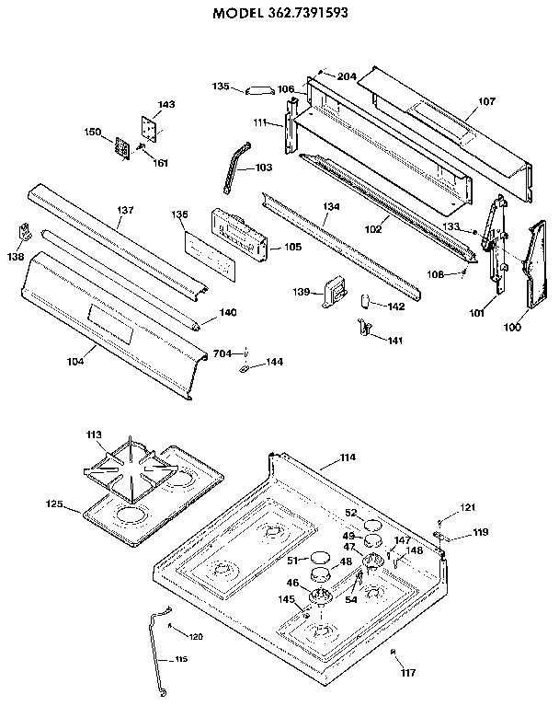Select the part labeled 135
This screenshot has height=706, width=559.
tap(257, 89)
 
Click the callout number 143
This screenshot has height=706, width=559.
tap(166, 105)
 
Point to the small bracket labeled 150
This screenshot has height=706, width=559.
tap(120, 147)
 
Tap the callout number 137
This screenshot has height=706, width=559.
tap(125, 211)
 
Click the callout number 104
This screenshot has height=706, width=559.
tap(75, 361)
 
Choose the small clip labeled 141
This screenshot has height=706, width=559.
tap(363, 327)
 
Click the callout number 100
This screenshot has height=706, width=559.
tap(512, 327)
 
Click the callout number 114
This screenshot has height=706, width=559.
tap(347, 457)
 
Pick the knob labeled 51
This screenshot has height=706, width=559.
tap(318, 557)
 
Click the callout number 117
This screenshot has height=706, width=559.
tap(408, 673)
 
